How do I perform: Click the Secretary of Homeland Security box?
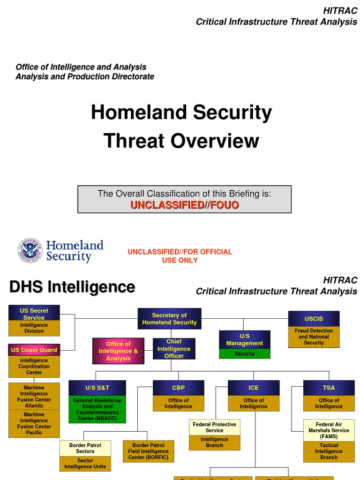tap(169, 319)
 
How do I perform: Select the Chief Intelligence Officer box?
tap(174, 349)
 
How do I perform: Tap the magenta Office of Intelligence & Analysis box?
tap(118, 351)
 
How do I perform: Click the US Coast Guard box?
tap(34, 350)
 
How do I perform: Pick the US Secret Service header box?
tap(34, 314)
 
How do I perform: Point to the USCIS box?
tap(314, 319)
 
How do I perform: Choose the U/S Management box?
tap(245, 340)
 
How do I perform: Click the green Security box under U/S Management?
tap(245, 354)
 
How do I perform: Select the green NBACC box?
tap(97, 409)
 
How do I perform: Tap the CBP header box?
tap(179, 388)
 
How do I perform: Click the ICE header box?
tap(254, 388)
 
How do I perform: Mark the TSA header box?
tap(329, 388)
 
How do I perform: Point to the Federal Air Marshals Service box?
tap(329, 430)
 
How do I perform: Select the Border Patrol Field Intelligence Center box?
tap(148, 451)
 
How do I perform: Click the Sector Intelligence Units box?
tap(85, 464)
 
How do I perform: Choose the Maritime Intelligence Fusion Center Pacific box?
tap(34, 424)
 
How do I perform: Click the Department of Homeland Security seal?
tap(30, 251)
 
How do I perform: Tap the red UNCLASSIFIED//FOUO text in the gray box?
tap(185, 205)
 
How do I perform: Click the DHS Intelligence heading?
tap(72, 287)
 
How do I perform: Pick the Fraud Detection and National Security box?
tap(314, 337)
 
